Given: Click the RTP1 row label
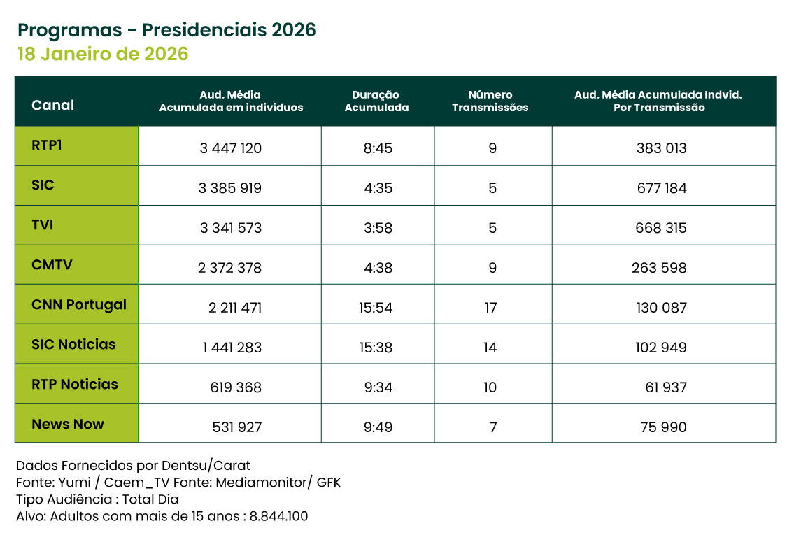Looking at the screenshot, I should point(47,145).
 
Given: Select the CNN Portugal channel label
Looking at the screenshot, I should point(79,305).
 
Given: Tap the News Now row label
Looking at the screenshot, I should point(68,424).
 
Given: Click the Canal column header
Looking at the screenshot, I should point(52,105).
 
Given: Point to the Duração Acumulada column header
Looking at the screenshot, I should point(376,101).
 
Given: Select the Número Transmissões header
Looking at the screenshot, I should point(490,101).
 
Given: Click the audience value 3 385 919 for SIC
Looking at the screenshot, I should point(230,188).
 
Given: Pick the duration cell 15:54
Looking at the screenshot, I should point(378,308).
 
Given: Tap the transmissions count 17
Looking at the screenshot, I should point(491,308).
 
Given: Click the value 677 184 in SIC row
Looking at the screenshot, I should point(661,188).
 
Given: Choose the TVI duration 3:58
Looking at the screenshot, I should point(378,228).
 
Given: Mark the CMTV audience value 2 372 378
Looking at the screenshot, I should point(230,268).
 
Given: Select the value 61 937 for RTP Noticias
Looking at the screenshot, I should point(666,387).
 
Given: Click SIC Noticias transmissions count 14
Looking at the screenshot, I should point(491,348).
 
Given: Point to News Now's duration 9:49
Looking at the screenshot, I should point(378,427).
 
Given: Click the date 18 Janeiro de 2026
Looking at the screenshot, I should point(103,55).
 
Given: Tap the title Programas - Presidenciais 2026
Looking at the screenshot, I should point(166,30).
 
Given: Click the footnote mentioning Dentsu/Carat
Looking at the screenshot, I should point(133,465).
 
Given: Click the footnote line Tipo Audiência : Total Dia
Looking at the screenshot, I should point(97,499).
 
